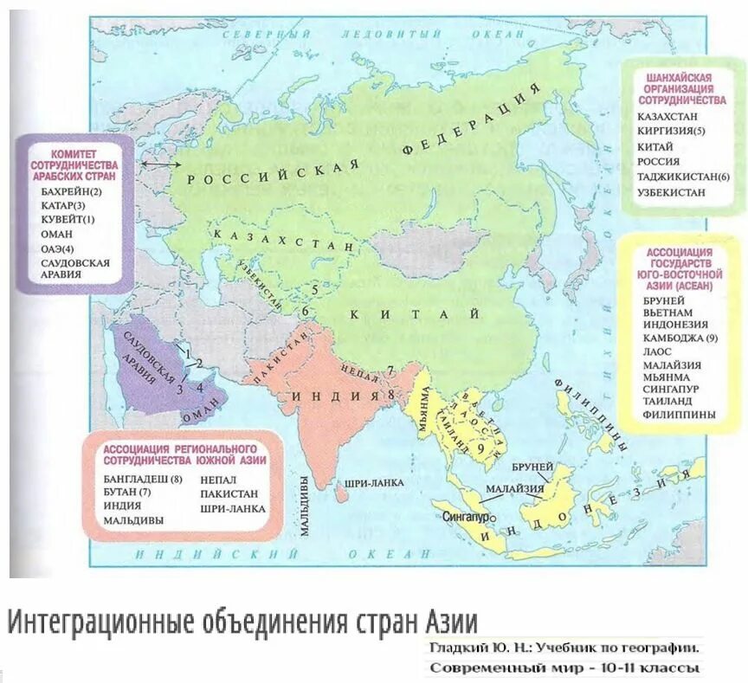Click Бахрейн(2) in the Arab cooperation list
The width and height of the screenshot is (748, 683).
tap(71, 191)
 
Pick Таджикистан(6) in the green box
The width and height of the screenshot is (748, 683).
tap(685, 177)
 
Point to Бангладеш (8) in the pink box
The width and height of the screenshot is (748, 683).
tap(144, 477)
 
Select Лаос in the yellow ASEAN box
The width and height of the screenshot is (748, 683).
tap(658, 351)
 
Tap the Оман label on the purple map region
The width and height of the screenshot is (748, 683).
tap(198, 414)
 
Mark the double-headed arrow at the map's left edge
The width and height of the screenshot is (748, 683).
tap(162, 163)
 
